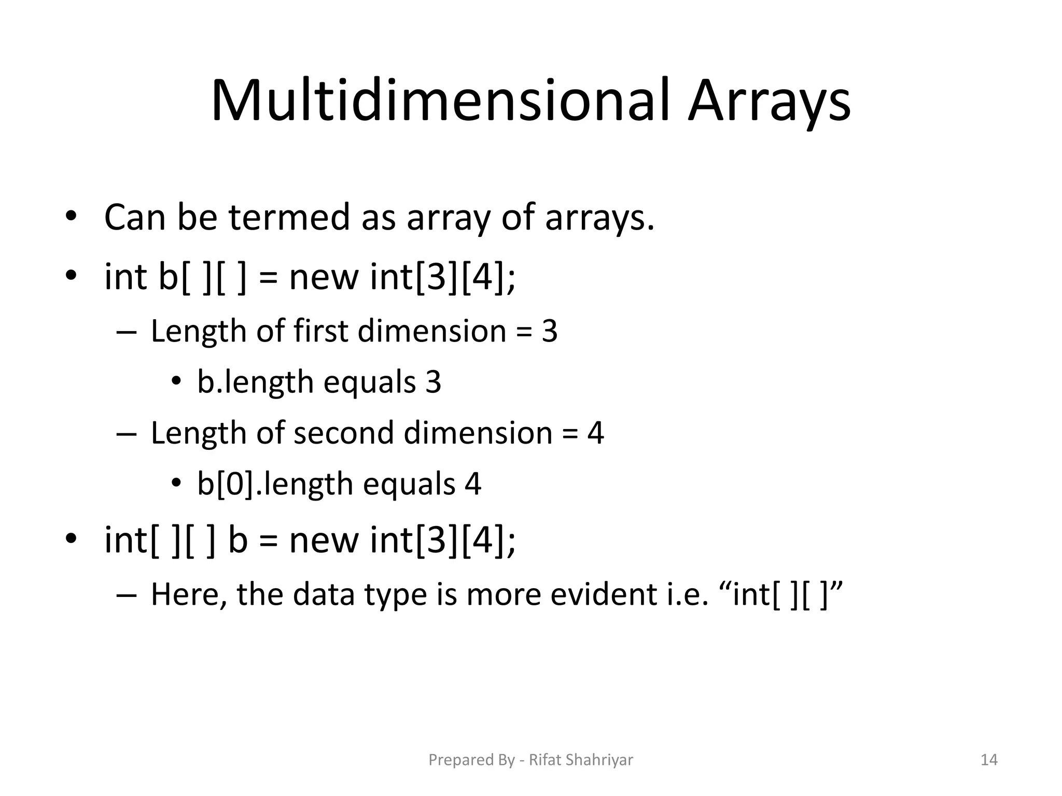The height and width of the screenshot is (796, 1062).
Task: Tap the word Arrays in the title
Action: [769, 102]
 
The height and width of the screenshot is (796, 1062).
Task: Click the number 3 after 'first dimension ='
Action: [550, 331]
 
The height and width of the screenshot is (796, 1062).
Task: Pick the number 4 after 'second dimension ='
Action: [595, 433]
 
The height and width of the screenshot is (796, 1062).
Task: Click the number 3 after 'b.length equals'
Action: [434, 382]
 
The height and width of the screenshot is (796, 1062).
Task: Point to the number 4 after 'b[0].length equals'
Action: [473, 484]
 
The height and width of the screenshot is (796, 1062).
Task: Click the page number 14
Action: [989, 760]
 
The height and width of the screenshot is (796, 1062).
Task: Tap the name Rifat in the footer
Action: [545, 760]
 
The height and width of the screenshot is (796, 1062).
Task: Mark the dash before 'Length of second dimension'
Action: [126, 433]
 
